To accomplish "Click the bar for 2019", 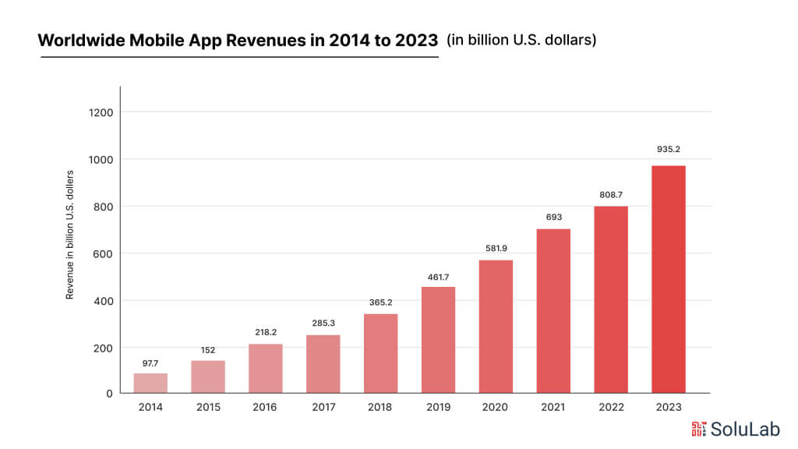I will [439, 340].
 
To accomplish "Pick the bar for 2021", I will [553, 311].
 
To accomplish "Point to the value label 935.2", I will [668, 149].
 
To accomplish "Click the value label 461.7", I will [439, 277].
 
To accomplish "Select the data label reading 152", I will [208, 350].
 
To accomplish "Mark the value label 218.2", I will [266, 332].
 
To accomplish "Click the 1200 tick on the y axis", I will [101, 112].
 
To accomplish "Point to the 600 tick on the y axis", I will [104, 253].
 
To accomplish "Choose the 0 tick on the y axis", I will [110, 394].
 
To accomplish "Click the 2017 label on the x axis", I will [323, 408].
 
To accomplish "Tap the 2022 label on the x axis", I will [611, 408].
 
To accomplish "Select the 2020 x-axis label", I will [496, 408].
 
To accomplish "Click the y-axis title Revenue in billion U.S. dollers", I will [70, 235].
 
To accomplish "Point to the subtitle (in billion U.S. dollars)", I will [521, 40].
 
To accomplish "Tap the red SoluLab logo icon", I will [699, 428].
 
